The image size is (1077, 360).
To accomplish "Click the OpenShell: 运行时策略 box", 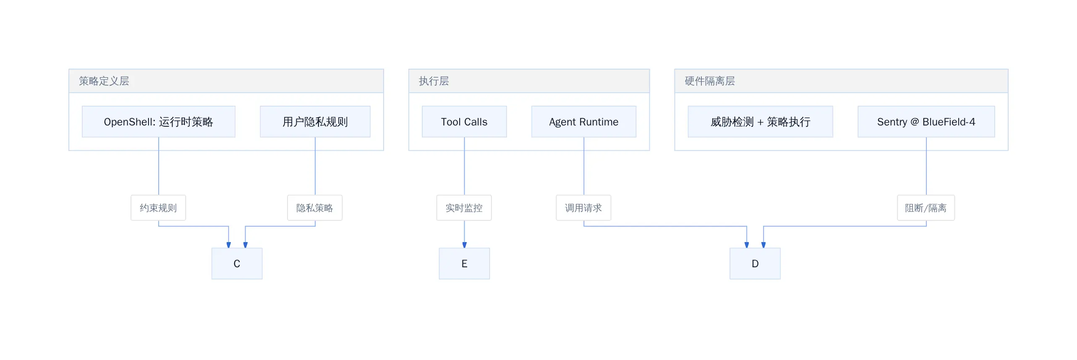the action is point(159,122).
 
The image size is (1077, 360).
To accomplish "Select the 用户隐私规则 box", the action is point(315,122).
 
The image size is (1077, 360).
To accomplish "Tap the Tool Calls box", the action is point(464,122).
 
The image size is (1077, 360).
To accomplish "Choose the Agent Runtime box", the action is point(584,122).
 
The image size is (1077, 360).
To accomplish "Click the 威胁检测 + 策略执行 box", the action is point(761,122).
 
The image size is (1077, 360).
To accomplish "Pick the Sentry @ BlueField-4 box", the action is point(926,122).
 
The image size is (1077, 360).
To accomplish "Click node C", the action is point(237,263).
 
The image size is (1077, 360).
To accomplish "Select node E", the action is point(464,263).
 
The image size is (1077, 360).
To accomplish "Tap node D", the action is point(755,263).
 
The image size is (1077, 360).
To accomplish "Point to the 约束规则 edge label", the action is point(158,208).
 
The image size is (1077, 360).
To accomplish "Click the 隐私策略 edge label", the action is point(315,208).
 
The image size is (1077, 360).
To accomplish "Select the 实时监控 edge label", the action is point(464,208).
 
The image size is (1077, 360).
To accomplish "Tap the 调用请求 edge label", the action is point(583,208).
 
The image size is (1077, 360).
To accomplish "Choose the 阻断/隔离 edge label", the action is point(926,208).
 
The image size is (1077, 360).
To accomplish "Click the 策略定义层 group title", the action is point(104,81).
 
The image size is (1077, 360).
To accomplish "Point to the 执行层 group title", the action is point(434,81).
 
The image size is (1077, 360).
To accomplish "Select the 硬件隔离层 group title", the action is point(710,81).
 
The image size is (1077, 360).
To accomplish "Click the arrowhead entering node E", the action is point(464,245).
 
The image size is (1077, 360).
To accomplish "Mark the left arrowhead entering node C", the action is point(229,245).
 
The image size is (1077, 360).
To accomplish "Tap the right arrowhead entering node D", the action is point(763,245).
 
